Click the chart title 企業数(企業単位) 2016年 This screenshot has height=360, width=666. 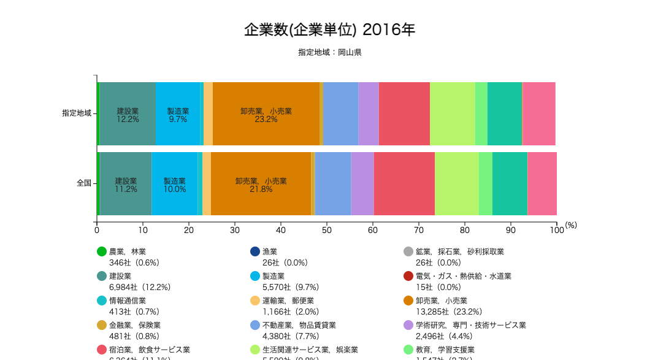point(329,29)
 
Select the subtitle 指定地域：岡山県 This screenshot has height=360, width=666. point(329,52)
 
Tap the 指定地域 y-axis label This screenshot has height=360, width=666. point(77,113)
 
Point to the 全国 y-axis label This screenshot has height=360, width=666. point(84,183)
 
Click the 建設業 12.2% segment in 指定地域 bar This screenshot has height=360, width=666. point(128,114)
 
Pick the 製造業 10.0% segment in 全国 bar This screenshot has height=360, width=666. point(175,184)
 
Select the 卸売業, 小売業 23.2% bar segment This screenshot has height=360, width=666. point(266,114)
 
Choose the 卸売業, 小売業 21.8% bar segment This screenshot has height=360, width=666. point(261,184)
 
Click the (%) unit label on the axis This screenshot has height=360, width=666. point(571,226)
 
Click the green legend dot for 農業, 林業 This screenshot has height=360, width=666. point(102,251)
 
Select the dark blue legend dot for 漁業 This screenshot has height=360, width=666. point(255,251)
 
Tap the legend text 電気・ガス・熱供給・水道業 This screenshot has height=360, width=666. point(463,276)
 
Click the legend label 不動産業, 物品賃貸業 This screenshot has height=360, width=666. point(299,325)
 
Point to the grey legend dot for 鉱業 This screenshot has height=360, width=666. point(408,251)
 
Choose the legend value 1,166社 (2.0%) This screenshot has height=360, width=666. point(290,312)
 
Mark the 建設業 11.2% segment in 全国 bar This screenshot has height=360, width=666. point(126,184)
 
